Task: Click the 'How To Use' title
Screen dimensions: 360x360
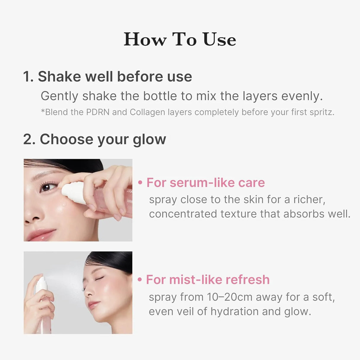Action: (x=180, y=39)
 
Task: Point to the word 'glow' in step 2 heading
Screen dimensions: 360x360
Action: (x=149, y=139)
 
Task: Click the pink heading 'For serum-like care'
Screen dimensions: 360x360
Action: (x=206, y=183)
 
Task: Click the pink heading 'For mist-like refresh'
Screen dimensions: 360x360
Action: (x=208, y=280)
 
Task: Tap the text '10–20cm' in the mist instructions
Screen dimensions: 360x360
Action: (x=230, y=297)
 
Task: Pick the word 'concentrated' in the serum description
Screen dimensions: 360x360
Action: (x=183, y=214)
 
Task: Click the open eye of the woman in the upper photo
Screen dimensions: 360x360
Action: (x=47, y=187)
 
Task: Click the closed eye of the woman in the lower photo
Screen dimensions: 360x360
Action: (x=99, y=278)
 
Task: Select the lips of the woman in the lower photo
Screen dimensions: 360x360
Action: (x=93, y=305)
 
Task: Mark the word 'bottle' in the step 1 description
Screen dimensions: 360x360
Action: (x=160, y=96)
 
